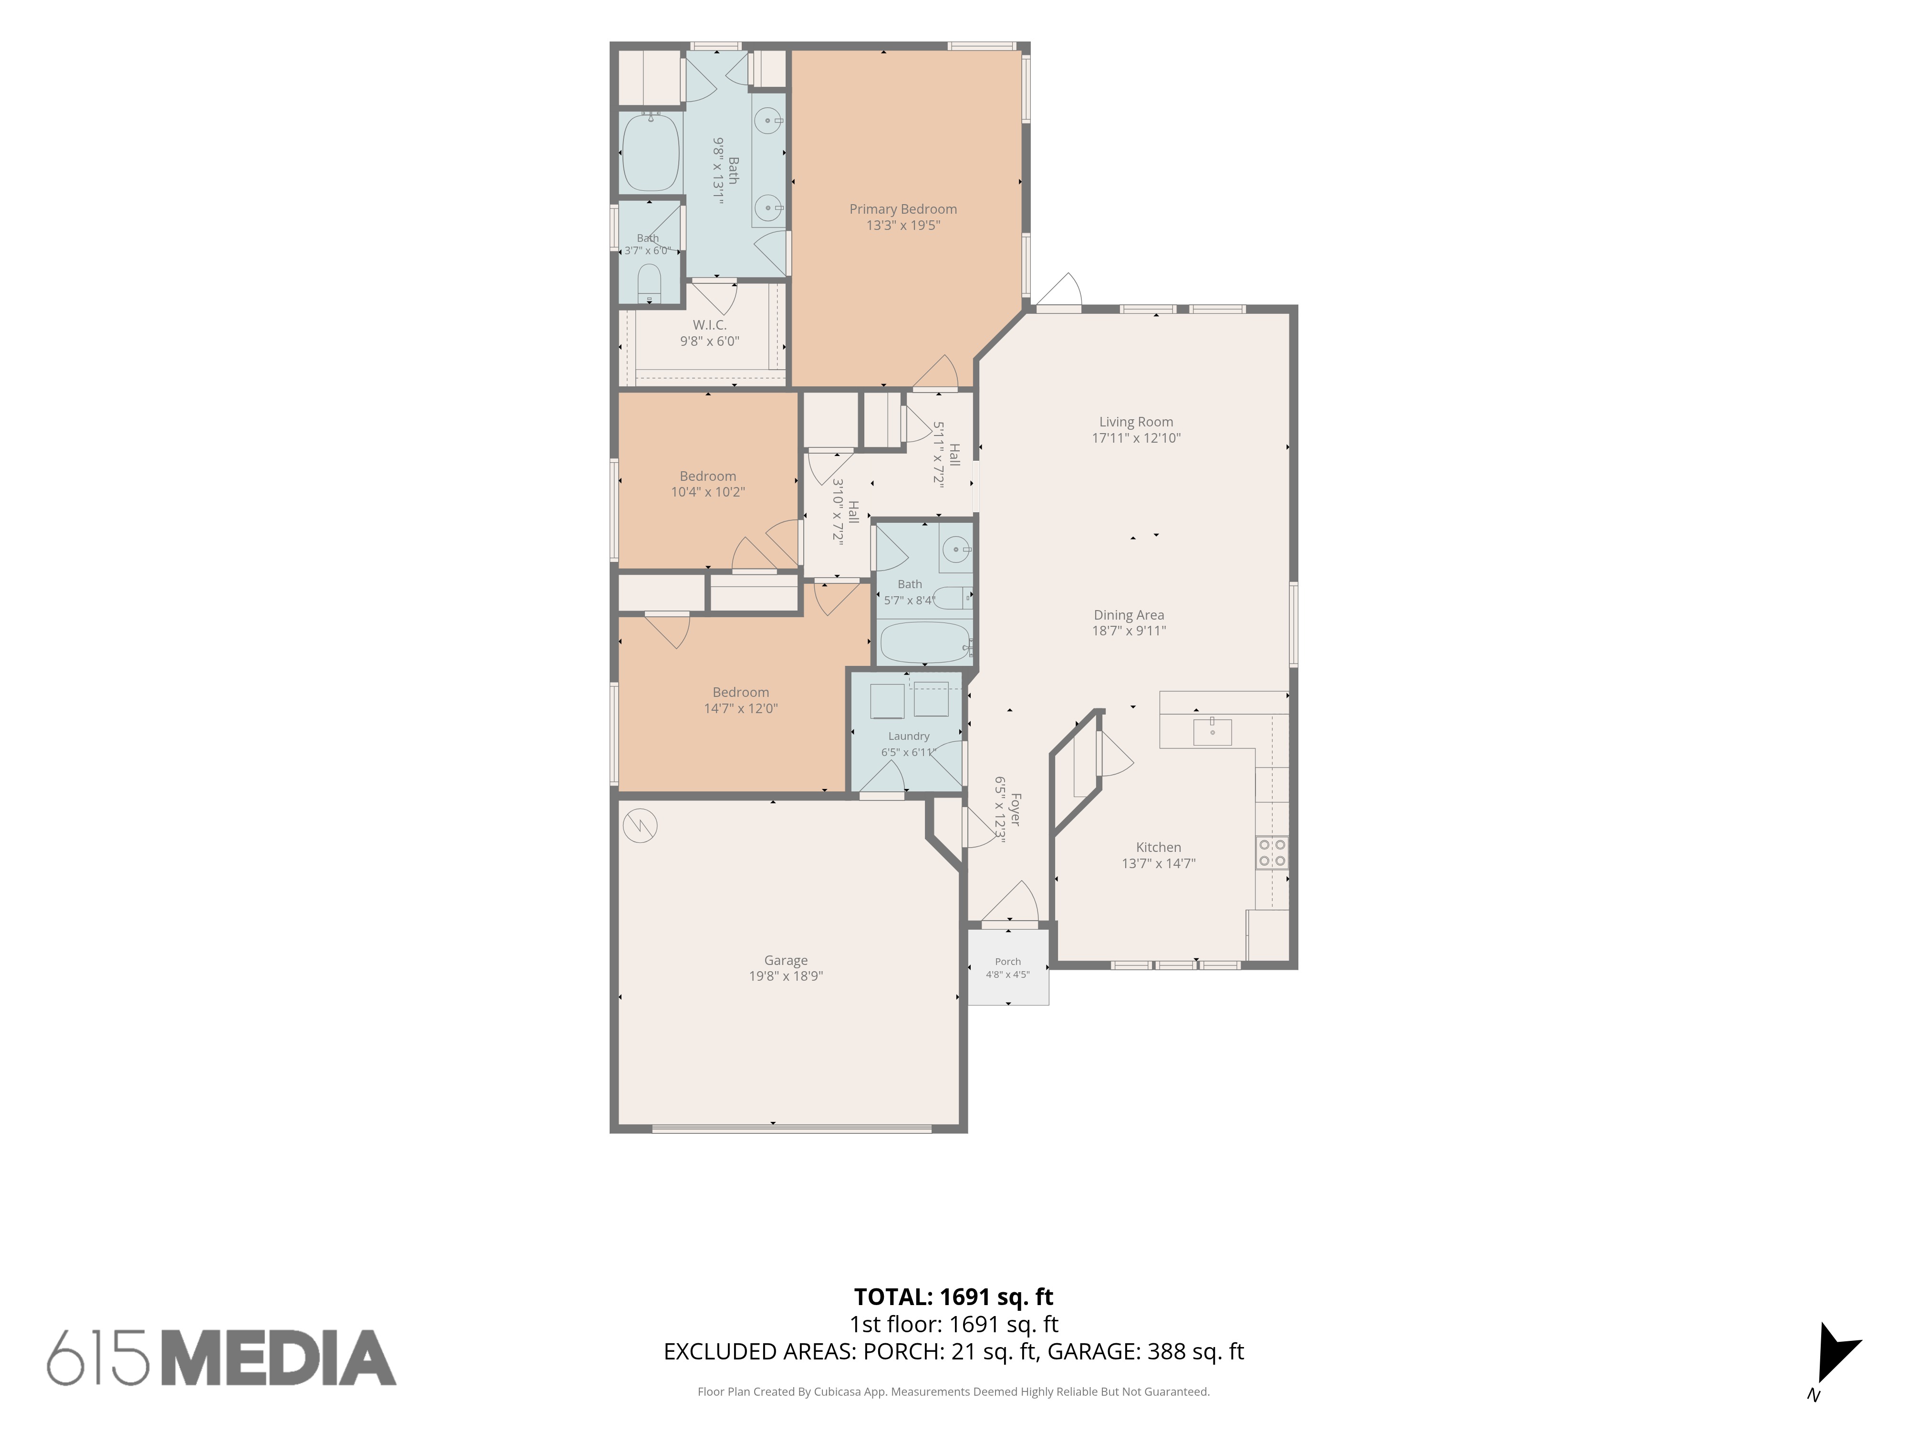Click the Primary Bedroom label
903,209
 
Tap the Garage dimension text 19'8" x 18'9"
786,976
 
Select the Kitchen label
1159,847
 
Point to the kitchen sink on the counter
1212,731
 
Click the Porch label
1007,962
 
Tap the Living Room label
1136,422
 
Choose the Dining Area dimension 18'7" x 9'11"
1129,631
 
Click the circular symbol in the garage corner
639,826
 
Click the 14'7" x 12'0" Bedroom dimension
741,709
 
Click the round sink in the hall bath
955,549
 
